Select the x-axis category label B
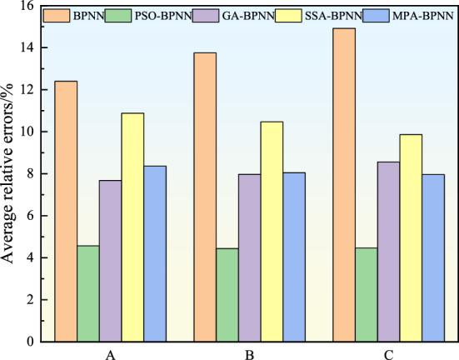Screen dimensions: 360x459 pos(250,353)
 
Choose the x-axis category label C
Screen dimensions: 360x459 pos(389,353)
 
